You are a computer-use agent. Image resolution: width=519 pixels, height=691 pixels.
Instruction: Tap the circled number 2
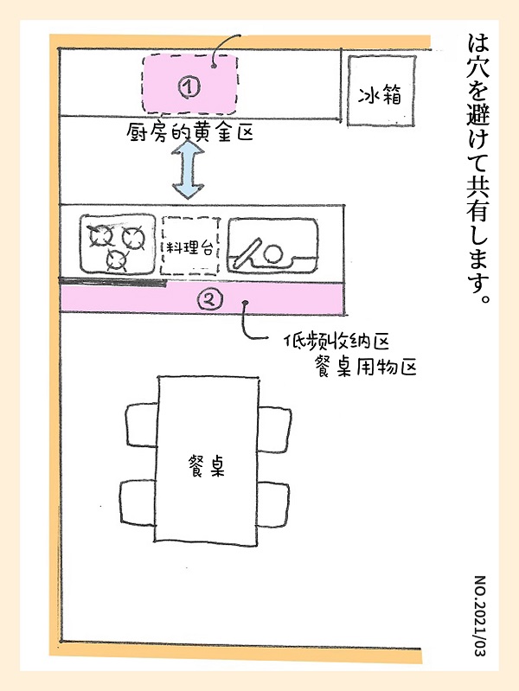211,300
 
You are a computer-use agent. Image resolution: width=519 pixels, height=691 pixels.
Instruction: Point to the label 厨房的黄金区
189,132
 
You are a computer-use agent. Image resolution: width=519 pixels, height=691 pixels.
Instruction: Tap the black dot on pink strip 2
247,302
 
